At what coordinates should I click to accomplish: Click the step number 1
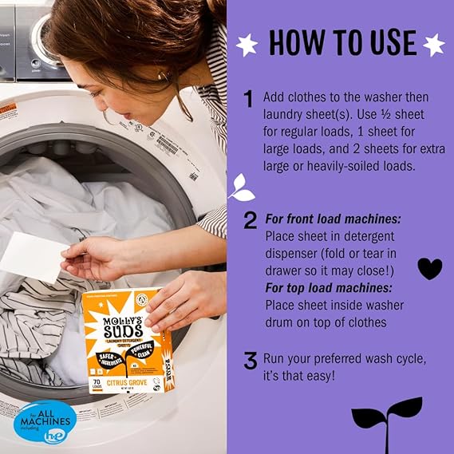pyautogui.click(x=249, y=99)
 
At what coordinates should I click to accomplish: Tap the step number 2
pyautogui.click(x=250, y=220)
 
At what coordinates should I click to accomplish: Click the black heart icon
pyautogui.click(x=429, y=268)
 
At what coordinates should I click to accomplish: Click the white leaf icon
pyautogui.click(x=241, y=188)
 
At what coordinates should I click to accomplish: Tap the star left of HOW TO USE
pyautogui.click(x=248, y=44)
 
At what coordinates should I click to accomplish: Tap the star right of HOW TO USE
pyautogui.click(x=433, y=44)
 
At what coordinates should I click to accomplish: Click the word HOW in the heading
pyautogui.click(x=294, y=43)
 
